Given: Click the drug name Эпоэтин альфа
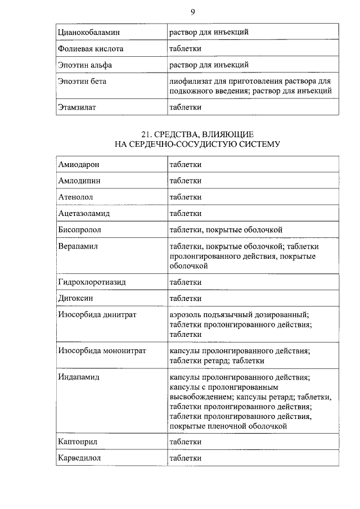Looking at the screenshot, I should coord(85,65).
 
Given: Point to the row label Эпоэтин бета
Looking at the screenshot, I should coord(82,81).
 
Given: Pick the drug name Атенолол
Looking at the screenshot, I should coord(76,197).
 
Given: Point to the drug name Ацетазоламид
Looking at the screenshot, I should coord(84,213).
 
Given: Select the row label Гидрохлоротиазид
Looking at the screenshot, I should coord(92,282).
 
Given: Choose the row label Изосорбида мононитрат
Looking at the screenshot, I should coord(102,350).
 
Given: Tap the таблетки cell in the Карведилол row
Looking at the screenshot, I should coord(186,458).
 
